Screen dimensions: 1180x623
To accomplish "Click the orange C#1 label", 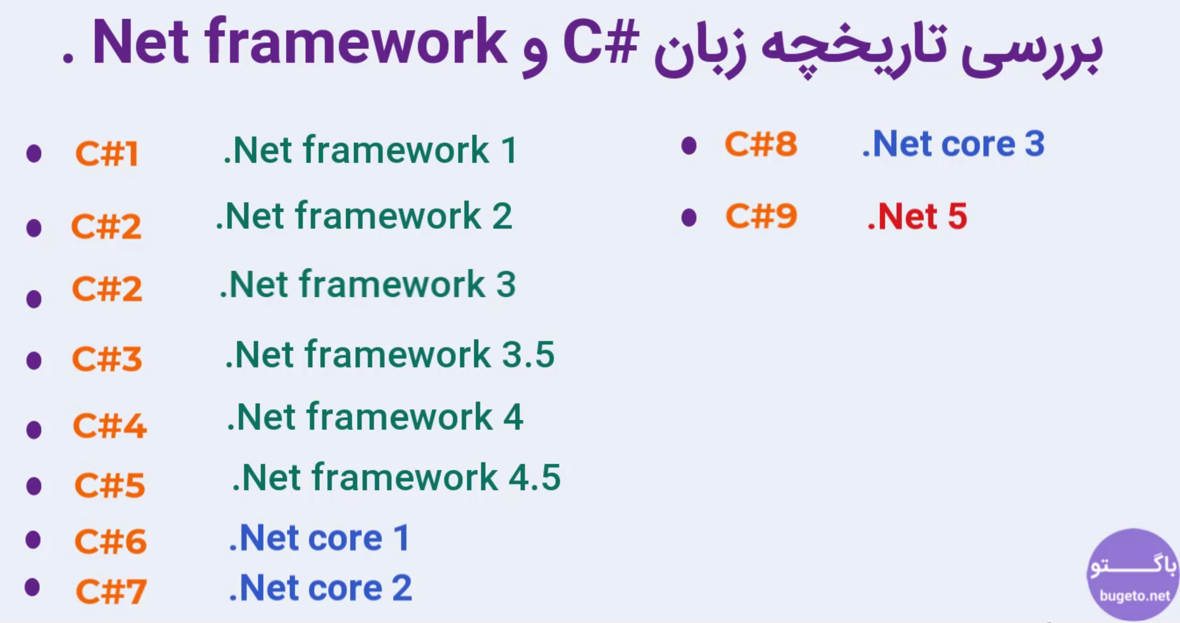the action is tap(107, 153).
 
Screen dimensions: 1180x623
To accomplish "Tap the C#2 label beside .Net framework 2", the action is tap(106, 226).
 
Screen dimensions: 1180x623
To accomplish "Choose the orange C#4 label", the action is tap(110, 425).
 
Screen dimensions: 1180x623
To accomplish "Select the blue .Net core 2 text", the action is tap(321, 588).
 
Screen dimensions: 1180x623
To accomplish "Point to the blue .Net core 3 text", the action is tap(954, 144).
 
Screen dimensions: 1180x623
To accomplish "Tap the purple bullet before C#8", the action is tap(689, 145).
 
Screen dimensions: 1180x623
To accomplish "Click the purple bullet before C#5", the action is tap(34, 486).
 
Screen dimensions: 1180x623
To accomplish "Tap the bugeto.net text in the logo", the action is tap(1135, 595).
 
